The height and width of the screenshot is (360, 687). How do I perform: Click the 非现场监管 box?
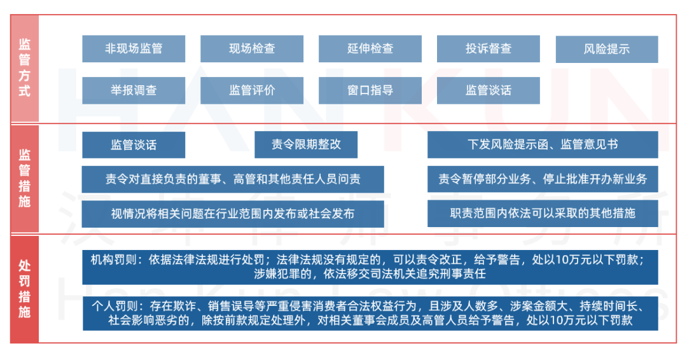coord(134,48)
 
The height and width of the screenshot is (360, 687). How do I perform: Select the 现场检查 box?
coord(252,48)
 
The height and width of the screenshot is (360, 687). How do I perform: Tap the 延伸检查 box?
coord(370,48)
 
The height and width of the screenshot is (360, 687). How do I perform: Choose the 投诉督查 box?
coord(489,48)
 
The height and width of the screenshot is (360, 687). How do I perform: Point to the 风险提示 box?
coord(607,49)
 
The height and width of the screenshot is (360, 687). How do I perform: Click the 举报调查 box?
coord(134,90)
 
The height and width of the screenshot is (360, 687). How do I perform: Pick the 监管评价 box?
coord(252,90)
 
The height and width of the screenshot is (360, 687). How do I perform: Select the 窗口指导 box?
coord(370,90)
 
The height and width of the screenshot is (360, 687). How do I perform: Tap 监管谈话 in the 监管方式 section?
coord(489,90)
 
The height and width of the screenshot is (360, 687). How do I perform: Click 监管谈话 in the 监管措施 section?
coord(134,144)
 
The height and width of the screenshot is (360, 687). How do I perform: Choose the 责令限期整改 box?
coord(306,144)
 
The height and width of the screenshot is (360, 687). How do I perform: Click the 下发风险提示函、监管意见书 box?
coord(543,144)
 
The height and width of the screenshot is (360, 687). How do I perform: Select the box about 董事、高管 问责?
coord(233,179)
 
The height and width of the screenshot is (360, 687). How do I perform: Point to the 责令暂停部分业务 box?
coord(543,179)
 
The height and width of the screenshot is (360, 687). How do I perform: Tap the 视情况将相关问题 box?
coord(233,214)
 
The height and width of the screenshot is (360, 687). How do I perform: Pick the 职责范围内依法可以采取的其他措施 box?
coord(543,213)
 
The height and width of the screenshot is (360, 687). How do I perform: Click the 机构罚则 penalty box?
coord(370,267)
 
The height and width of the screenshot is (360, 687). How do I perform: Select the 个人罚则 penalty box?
coord(370,314)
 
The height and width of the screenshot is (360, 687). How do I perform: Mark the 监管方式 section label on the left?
coord(25,68)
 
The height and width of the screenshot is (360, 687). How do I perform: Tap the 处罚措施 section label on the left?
coord(25,289)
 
